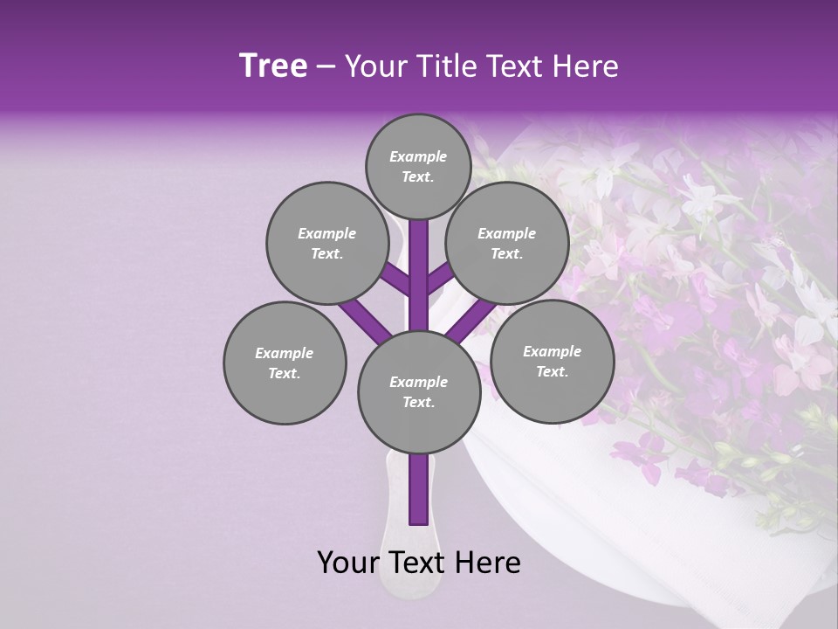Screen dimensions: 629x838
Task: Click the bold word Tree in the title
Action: (x=273, y=66)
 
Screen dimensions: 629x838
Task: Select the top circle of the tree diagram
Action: (x=418, y=166)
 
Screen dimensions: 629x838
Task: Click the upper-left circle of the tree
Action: (x=326, y=243)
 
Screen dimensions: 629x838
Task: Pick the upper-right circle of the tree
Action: (x=507, y=243)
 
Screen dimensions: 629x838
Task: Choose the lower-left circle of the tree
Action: (x=285, y=363)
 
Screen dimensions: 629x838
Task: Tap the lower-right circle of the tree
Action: (x=552, y=361)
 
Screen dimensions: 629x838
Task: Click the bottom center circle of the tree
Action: (x=419, y=391)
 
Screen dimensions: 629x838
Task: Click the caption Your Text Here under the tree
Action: (x=419, y=563)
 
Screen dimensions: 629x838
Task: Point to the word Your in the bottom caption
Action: (x=348, y=563)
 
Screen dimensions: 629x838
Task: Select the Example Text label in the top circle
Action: (x=418, y=166)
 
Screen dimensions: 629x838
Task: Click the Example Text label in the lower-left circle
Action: (x=285, y=363)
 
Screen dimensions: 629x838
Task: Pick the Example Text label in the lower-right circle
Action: (x=552, y=361)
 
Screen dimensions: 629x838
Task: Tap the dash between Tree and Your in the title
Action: (x=326, y=67)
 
